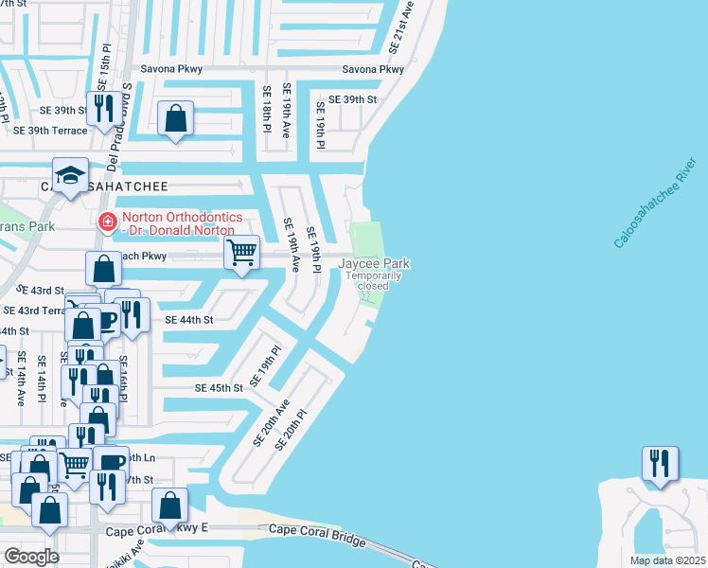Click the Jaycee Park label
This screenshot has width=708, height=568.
374,263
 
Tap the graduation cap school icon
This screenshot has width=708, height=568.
70,175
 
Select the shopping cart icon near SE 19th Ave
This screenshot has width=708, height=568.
242,252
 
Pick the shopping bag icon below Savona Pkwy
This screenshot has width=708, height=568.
176,118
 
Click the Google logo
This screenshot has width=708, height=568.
31,556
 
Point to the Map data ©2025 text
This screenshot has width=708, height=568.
666,559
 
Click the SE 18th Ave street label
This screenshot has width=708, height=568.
268,112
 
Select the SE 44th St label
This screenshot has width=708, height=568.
189,320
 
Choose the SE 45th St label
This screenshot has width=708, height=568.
220,388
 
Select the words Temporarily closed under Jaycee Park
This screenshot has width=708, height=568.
374,280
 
